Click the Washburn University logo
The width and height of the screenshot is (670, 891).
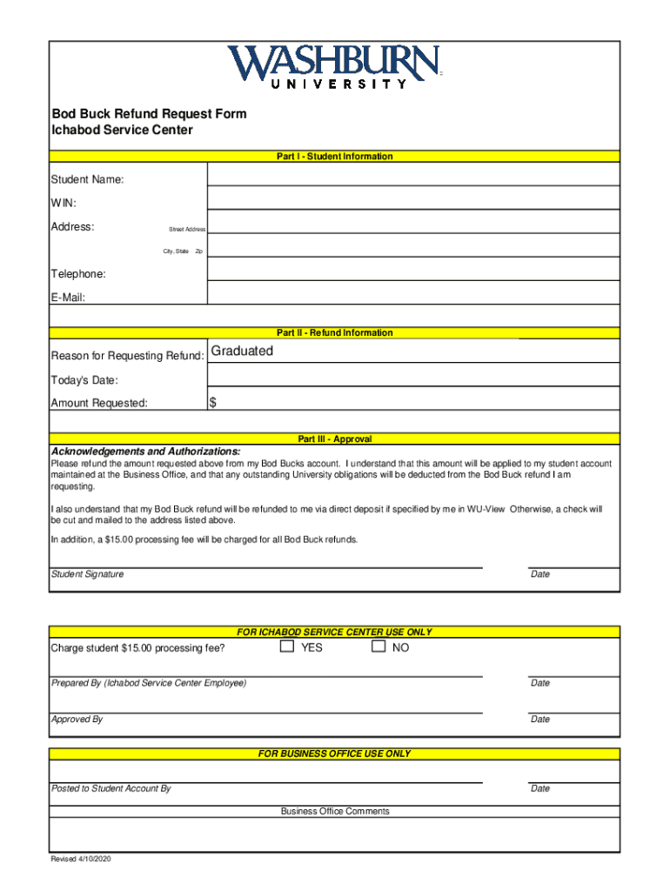(x=334, y=67)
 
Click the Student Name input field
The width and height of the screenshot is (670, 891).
(x=413, y=176)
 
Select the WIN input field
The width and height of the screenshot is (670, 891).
(x=413, y=198)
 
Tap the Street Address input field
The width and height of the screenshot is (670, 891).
(x=413, y=222)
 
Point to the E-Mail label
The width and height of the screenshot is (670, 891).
(x=68, y=297)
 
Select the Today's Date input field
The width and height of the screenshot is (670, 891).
(x=413, y=375)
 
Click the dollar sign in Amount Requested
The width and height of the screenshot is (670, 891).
(x=212, y=402)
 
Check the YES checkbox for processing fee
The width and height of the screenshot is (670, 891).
(x=287, y=646)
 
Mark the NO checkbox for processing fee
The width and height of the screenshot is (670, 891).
(x=378, y=646)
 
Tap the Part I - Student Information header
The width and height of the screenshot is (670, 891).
(x=334, y=157)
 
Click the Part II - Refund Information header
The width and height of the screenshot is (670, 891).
(x=334, y=332)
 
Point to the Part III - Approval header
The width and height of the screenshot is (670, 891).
(x=334, y=439)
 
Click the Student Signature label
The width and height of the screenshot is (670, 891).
(x=87, y=574)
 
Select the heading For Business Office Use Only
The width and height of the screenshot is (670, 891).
(x=334, y=754)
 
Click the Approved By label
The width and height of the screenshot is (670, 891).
(x=77, y=720)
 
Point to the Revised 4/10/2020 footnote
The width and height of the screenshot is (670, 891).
(x=81, y=860)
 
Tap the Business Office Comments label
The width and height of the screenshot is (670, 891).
(x=335, y=811)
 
